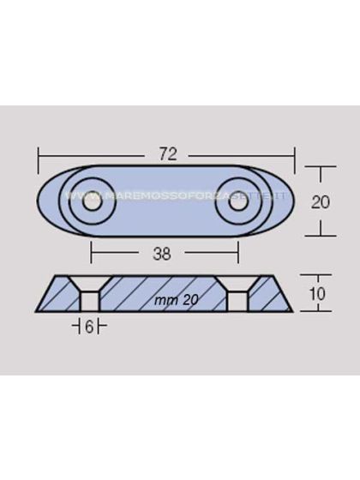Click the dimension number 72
pyautogui.click(x=168, y=154)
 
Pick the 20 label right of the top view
pyautogui.click(x=320, y=202)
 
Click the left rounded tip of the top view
pyautogui.click(x=43, y=201)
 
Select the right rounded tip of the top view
pyautogui.click(x=291, y=201)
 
